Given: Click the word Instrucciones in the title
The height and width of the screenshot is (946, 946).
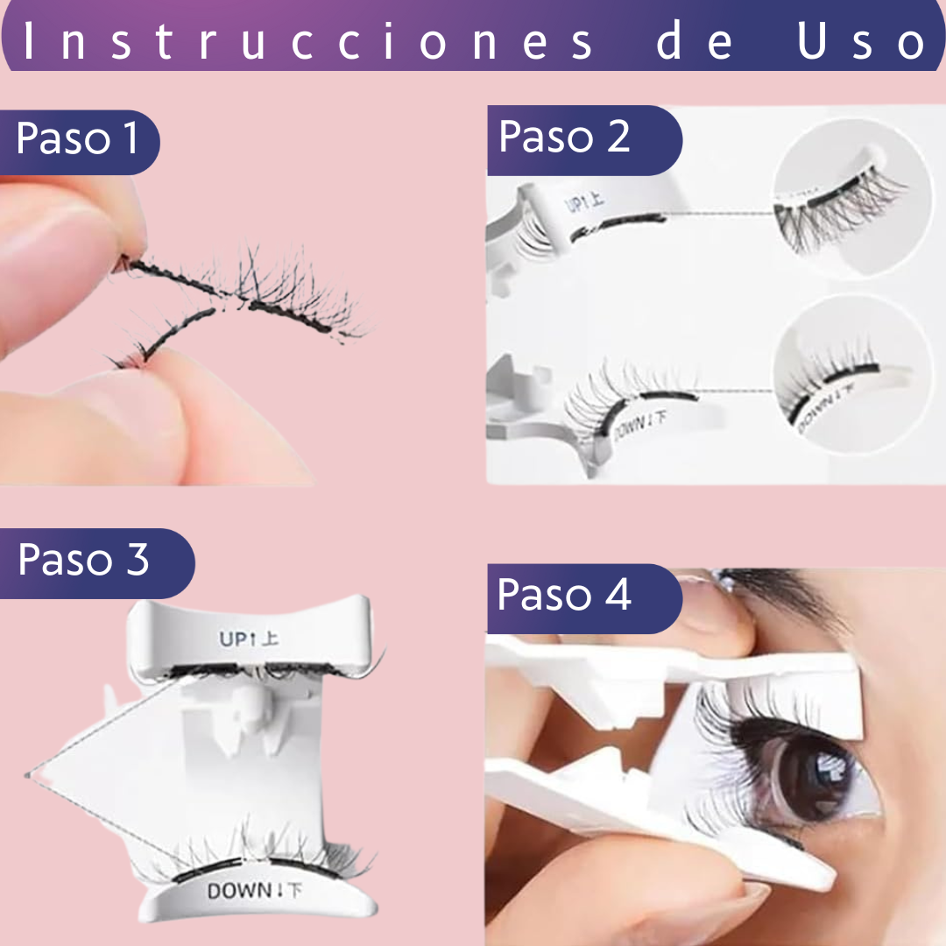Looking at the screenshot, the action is pyautogui.click(x=307, y=41).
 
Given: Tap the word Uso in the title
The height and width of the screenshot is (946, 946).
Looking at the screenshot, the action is pyautogui.click(x=862, y=41).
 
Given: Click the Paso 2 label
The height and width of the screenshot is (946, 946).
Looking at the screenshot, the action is pyautogui.click(x=564, y=136).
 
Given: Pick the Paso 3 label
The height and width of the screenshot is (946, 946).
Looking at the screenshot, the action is pyautogui.click(x=83, y=559).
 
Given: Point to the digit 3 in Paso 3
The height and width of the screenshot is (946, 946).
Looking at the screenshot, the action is pyautogui.click(x=138, y=559).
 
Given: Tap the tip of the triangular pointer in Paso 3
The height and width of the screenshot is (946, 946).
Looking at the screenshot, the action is pyautogui.click(x=26, y=775).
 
